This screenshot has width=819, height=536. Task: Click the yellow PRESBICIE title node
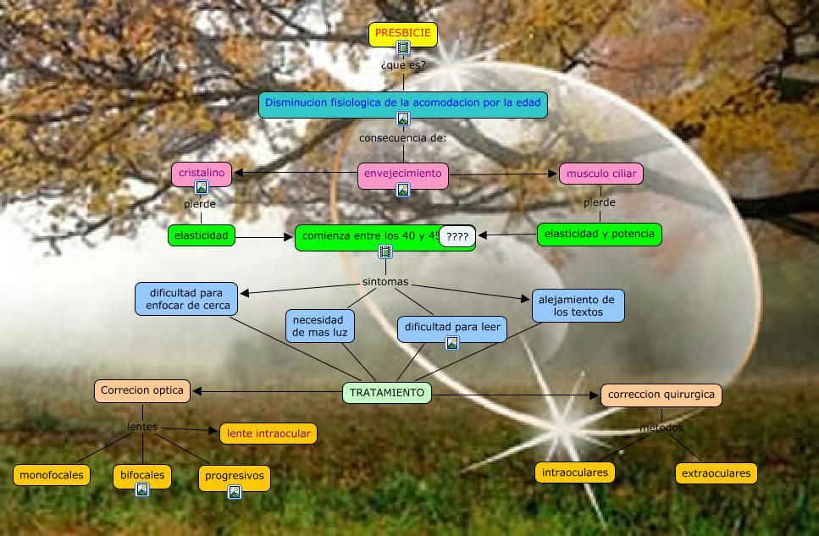click(x=403, y=34)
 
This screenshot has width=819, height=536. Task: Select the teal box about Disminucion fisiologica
click(x=402, y=102)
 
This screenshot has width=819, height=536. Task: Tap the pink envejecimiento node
click(x=402, y=174)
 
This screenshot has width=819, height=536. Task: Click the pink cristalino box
click(x=202, y=173)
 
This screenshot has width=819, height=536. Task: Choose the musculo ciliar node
click(x=600, y=173)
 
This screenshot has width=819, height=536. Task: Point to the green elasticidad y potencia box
click(x=600, y=234)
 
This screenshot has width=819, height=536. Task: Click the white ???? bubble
click(x=457, y=237)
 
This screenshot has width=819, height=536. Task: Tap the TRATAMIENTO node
click(x=387, y=392)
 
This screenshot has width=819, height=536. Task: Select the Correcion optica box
click(x=142, y=390)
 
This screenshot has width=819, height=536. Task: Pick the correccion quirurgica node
click(x=661, y=394)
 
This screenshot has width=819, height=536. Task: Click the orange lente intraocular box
click(x=268, y=434)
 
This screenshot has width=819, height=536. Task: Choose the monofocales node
click(x=52, y=475)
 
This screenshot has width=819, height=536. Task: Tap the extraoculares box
click(x=716, y=472)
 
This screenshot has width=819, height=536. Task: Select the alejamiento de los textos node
click(x=578, y=305)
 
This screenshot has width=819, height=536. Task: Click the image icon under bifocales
click(x=142, y=489)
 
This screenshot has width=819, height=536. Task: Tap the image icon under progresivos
click(x=235, y=491)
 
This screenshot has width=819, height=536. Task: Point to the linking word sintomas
click(x=385, y=281)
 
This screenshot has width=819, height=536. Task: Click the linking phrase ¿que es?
click(x=403, y=64)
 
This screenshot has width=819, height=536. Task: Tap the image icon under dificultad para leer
click(x=452, y=342)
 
